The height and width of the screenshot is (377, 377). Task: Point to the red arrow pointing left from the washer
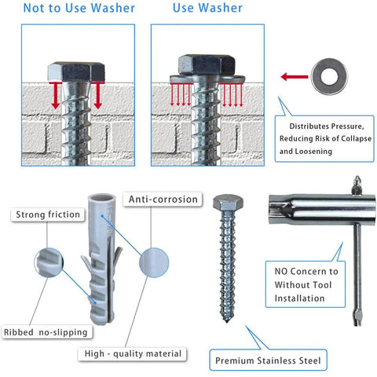tap(294, 77)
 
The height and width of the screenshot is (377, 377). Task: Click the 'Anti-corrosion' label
tap(163, 199)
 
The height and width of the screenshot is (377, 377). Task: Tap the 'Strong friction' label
tap(47, 214)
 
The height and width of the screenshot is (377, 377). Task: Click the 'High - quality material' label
tap(133, 354)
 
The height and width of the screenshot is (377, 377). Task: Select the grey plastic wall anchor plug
tap(100, 259)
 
